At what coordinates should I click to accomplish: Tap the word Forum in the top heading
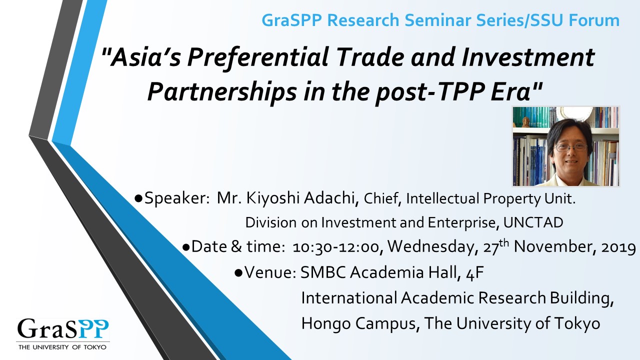pyautogui.click(x=594, y=20)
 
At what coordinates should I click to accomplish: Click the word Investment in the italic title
pyautogui.click(x=528, y=57)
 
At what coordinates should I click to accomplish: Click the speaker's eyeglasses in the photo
pyautogui.click(x=570, y=147)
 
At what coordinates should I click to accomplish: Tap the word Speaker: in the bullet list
pyautogui.click(x=177, y=198)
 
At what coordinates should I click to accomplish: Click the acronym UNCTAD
pyautogui.click(x=533, y=222)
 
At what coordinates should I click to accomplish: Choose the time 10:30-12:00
pyautogui.click(x=335, y=247)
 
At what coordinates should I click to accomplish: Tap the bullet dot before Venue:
pyautogui.click(x=238, y=273)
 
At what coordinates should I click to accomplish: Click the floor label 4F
pyautogui.click(x=474, y=273)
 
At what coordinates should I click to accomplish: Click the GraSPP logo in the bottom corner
pyautogui.click(x=63, y=333)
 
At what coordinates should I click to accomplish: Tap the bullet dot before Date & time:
pyautogui.click(x=186, y=247)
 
